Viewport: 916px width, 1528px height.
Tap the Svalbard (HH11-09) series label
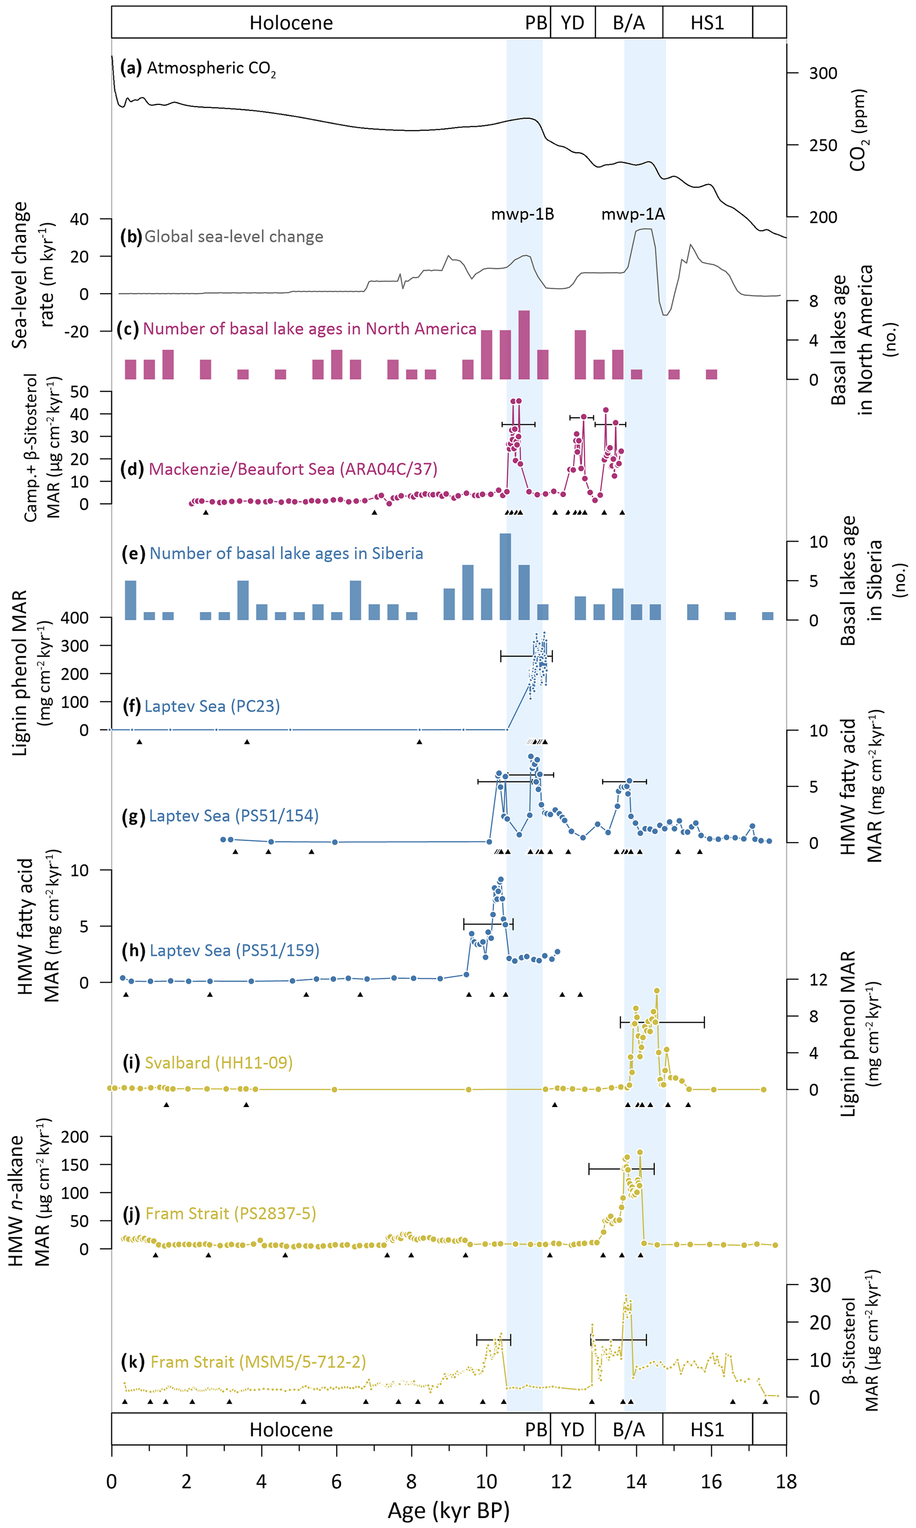(218, 1063)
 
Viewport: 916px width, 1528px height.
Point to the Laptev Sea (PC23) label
(212, 706)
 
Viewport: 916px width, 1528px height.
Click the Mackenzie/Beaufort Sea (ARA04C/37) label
(292, 469)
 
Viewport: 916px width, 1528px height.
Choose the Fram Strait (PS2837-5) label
(230, 1213)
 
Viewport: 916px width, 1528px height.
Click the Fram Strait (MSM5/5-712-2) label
(258, 1361)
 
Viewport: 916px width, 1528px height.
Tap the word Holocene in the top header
(291, 23)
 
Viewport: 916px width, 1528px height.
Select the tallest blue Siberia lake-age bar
(505, 577)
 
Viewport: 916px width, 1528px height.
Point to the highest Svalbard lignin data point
(657, 991)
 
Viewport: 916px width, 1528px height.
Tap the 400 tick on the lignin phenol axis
(75, 618)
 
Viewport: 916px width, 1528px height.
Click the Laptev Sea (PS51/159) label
(234, 951)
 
